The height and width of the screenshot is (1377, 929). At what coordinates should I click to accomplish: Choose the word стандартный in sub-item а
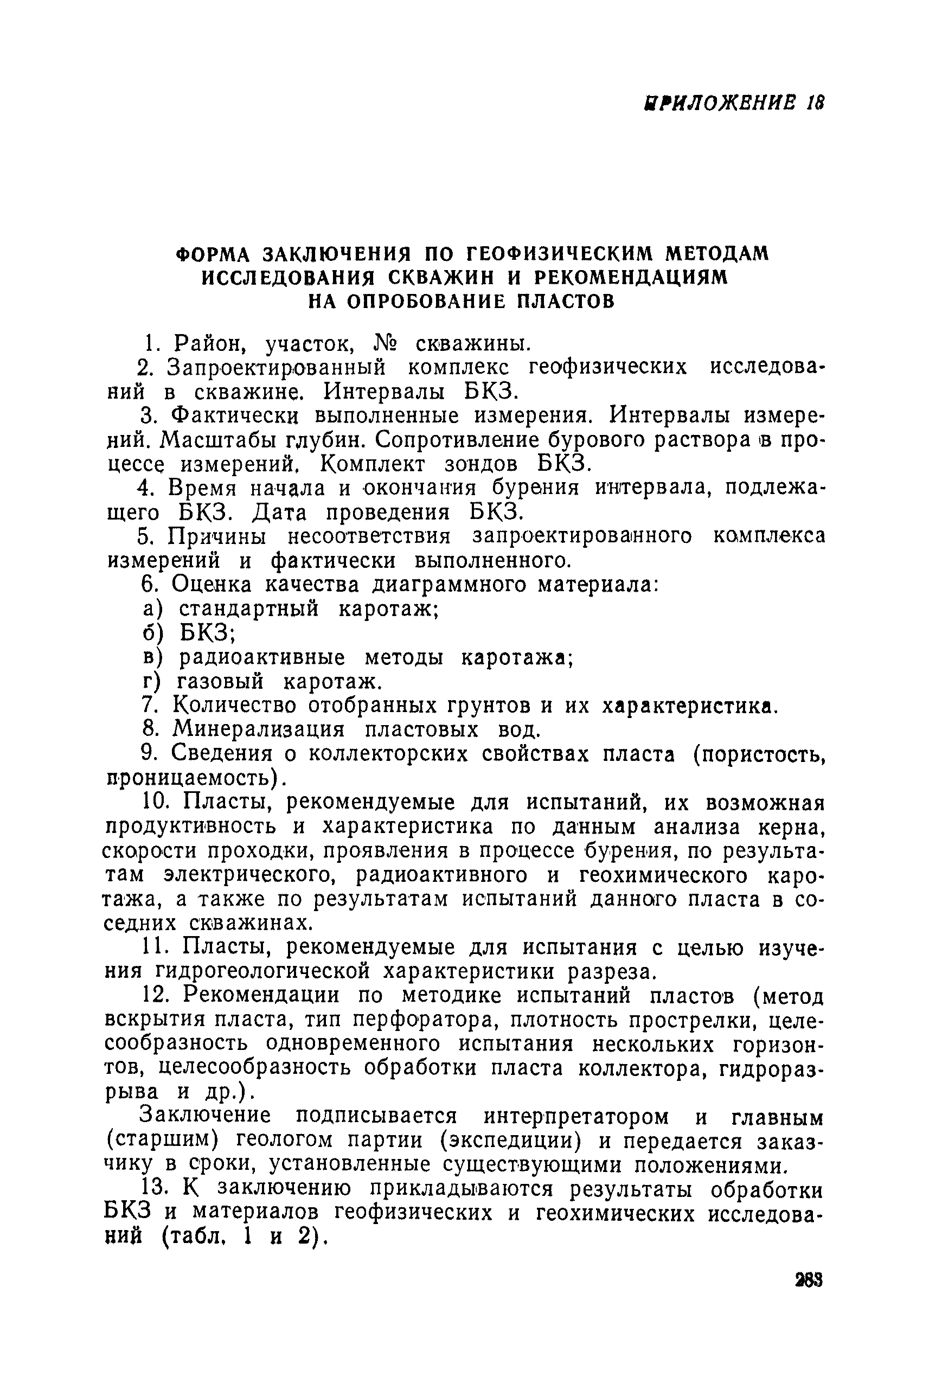pyautogui.click(x=249, y=609)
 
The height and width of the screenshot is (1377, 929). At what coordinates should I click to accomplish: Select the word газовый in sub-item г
pyautogui.click(x=220, y=681)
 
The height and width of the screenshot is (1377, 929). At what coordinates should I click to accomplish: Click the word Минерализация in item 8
pyautogui.click(x=258, y=729)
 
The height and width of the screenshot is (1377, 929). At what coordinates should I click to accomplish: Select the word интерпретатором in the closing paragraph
pyautogui.click(x=575, y=1117)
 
